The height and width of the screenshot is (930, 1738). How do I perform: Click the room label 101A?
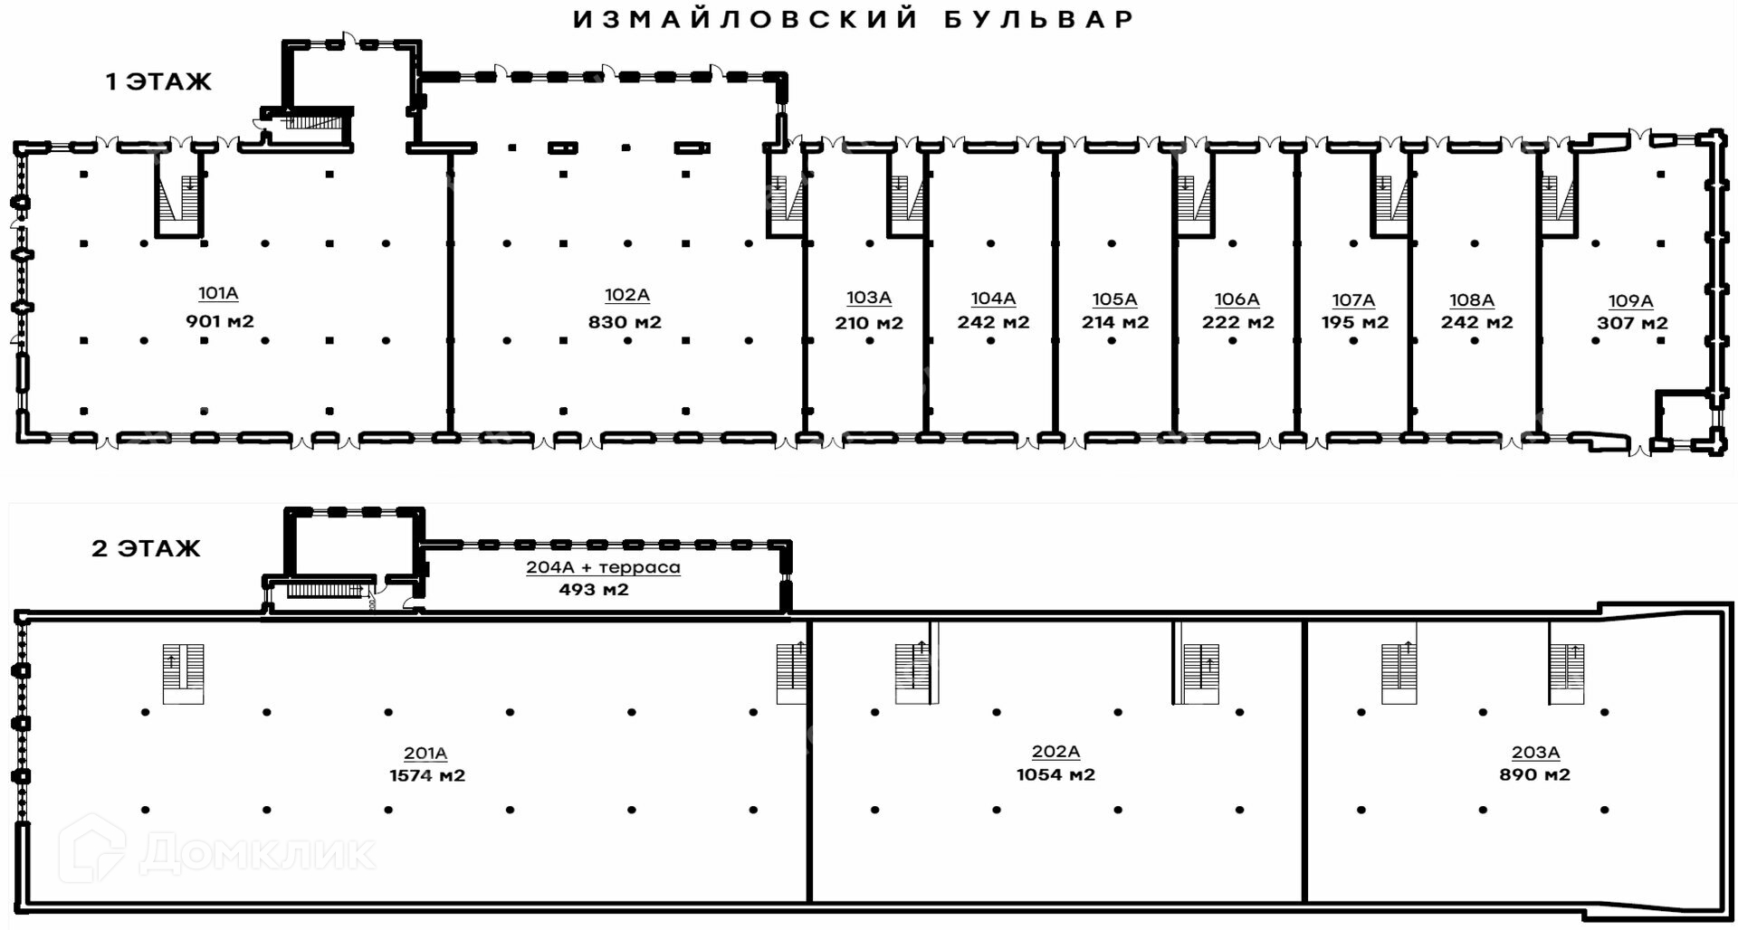tap(218, 293)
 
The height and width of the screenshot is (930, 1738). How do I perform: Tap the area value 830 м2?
tap(625, 322)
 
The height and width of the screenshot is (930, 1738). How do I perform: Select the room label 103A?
tap(869, 298)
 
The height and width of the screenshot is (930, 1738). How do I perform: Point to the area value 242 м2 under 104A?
tap(993, 323)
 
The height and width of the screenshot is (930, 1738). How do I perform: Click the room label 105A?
tap(1114, 299)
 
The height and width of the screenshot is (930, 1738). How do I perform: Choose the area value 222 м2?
tap(1237, 323)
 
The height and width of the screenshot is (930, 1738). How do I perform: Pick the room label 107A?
tap(1353, 300)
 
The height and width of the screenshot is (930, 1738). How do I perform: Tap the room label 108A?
tap(1471, 300)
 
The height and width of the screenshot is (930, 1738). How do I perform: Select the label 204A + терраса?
tap(603, 568)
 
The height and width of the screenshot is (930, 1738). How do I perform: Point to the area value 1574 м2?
tap(427, 776)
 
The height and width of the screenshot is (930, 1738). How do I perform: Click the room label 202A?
tap(1055, 752)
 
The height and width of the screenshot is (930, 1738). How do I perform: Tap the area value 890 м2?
tap(1534, 775)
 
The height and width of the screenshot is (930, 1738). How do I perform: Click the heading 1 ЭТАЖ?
tap(158, 82)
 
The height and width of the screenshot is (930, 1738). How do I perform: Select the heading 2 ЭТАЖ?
tap(146, 549)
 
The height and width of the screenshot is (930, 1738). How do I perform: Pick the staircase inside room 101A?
tap(178, 195)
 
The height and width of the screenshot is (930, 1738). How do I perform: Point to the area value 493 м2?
tap(593, 590)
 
